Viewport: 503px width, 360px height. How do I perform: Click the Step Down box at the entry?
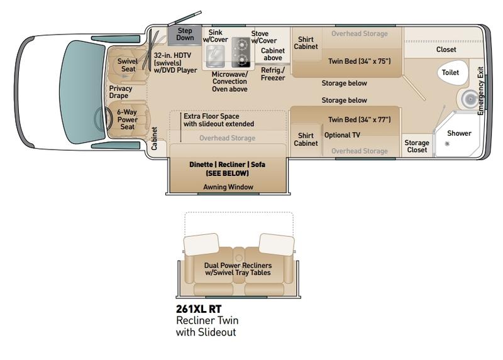185,35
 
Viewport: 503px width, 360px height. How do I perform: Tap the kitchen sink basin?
215,57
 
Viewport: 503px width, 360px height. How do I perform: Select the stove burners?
241,52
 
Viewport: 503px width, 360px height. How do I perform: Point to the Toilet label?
450,72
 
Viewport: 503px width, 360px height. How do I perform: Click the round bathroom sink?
470,99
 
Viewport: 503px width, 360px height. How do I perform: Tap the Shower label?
459,133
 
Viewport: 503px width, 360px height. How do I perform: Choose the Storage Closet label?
417,146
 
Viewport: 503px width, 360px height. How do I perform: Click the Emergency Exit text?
480,91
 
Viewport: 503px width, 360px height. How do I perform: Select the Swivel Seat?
128,65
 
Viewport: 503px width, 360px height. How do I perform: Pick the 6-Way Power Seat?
128,119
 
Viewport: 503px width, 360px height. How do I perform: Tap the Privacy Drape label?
120,92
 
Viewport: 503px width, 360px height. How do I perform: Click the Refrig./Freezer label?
273,74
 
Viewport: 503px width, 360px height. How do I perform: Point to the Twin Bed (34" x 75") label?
359,61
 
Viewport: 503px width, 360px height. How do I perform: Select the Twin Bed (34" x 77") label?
359,119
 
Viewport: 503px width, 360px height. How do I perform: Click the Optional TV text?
342,135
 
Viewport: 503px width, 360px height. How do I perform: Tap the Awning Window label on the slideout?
228,187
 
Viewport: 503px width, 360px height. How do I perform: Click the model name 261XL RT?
199,309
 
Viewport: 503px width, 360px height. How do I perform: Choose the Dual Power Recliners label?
238,269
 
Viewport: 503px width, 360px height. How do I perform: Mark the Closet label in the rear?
446,50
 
